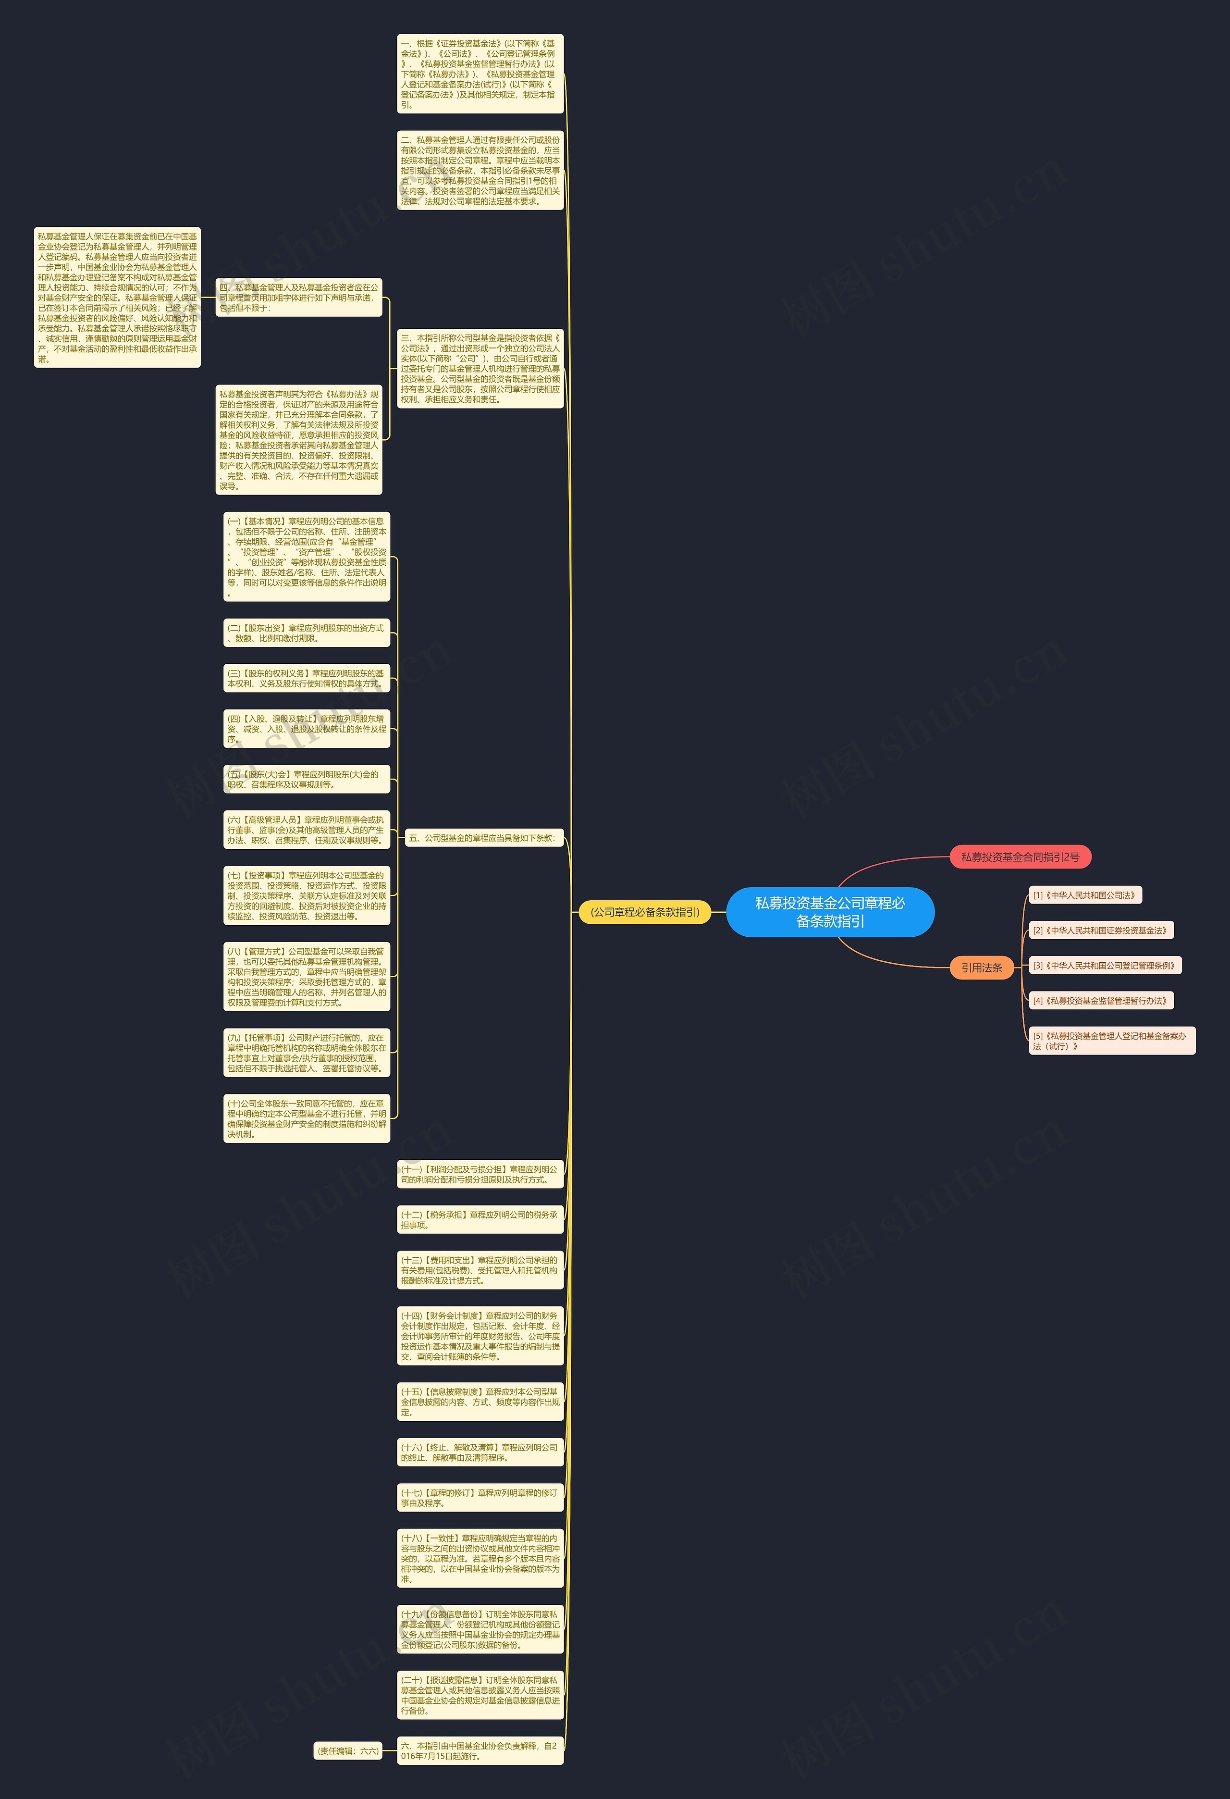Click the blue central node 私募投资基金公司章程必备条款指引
(830, 912)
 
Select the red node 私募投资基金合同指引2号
(1020, 857)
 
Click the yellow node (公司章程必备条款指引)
(645, 912)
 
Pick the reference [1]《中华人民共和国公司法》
(1084, 895)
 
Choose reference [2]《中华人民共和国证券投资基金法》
(1100, 931)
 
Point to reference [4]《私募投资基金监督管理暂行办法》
(1100, 1001)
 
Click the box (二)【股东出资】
(307, 633)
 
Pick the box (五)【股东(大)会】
(307, 780)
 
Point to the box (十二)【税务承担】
(480, 1220)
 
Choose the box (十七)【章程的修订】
(480, 1498)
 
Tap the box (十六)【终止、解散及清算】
(480, 1452)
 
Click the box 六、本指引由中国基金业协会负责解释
(480, 1751)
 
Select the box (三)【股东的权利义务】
(307, 679)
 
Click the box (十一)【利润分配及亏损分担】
(480, 1174)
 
